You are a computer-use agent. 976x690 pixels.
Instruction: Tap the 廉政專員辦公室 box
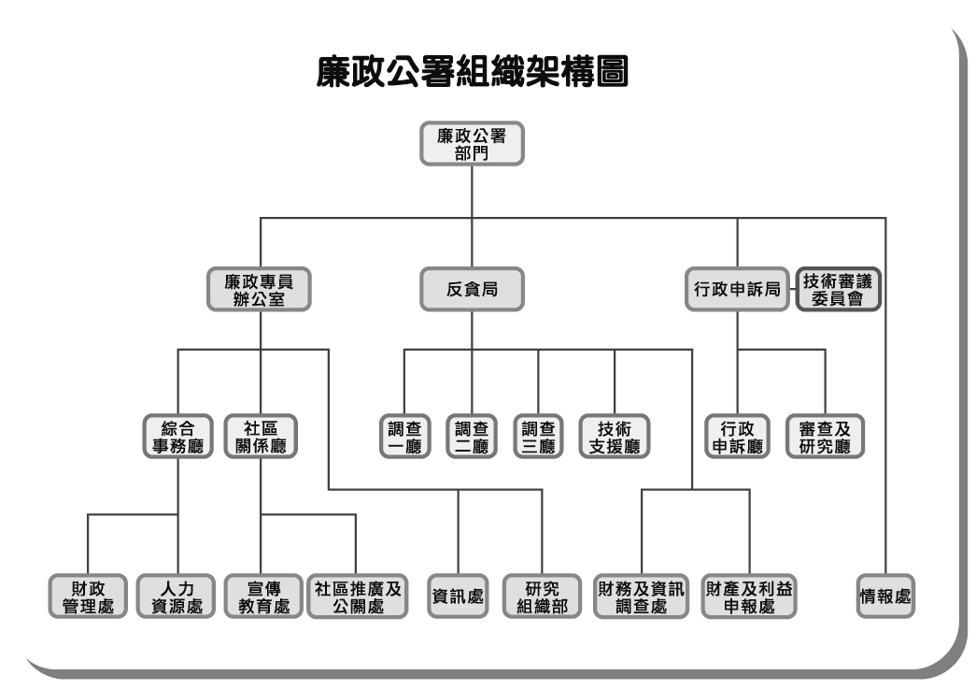click(259, 290)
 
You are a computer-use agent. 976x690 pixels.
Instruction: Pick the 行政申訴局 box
click(737, 290)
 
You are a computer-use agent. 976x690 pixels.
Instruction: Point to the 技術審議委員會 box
click(838, 290)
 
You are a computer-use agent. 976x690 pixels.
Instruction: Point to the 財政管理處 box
click(87, 596)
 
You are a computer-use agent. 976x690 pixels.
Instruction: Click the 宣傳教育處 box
click(261, 596)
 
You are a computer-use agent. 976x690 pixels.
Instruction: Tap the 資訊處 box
click(458, 596)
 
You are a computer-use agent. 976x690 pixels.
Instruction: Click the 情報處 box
click(885, 596)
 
